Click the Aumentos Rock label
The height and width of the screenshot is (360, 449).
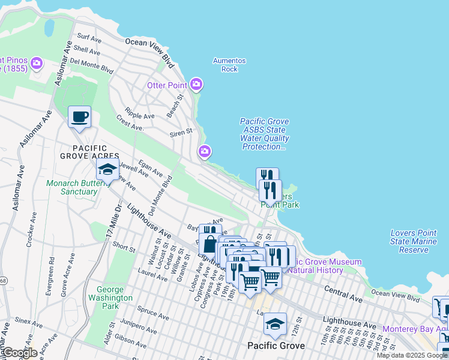229,65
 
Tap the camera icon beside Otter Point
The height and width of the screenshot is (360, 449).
196,84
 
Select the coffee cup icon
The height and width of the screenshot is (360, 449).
79,116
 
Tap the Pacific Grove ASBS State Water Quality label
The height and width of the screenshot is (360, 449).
264,134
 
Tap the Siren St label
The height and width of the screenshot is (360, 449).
181,131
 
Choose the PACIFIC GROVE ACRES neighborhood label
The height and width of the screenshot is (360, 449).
83,152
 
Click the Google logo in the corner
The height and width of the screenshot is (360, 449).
20,353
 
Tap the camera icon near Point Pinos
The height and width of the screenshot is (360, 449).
37,63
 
